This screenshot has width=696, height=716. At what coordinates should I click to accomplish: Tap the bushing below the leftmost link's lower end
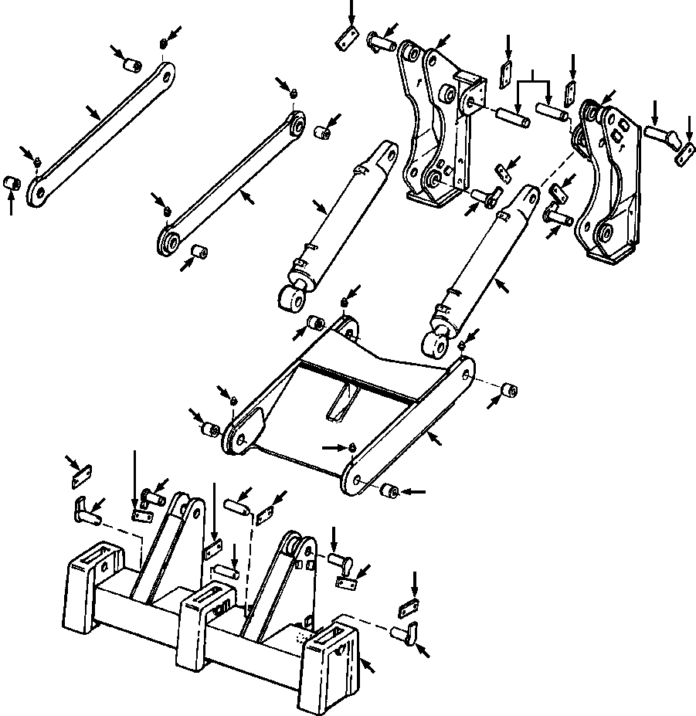[12, 184]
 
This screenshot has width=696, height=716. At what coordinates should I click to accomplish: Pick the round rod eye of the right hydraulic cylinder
[436, 340]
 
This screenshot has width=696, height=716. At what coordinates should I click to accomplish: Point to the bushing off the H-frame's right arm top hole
[510, 390]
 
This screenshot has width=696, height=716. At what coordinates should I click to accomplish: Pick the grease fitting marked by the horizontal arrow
[351, 446]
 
